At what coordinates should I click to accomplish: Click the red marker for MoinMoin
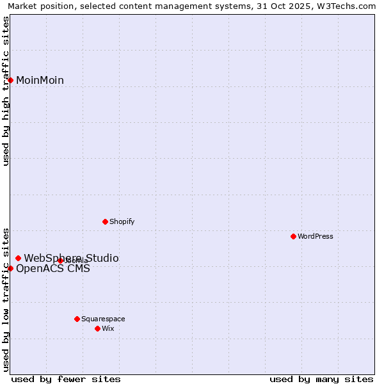10,80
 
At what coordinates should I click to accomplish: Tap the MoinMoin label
40,80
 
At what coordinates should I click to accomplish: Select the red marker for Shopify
105,221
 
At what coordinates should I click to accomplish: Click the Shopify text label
122,221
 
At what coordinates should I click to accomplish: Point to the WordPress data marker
293,236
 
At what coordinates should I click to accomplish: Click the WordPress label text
315,236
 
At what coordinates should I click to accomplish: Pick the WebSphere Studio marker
18,258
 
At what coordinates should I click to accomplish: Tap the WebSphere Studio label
71,258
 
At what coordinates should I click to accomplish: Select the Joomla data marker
60,260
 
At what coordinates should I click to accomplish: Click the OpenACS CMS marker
10,268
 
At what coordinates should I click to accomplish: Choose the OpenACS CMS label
52,268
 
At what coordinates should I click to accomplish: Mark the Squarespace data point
77,319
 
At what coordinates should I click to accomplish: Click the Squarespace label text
103,319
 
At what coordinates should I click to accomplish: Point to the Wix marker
97,328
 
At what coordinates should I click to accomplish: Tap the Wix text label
108,328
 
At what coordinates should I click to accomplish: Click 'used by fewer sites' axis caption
66,379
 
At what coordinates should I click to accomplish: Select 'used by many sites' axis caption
321,379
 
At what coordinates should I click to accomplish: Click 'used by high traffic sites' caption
6,91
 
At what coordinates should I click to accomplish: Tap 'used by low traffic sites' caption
6,300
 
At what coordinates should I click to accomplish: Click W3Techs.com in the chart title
349,6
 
